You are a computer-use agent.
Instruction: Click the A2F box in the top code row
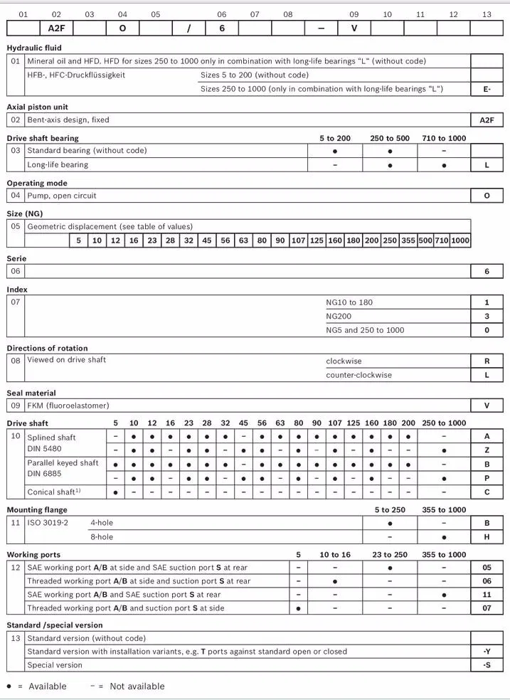56,28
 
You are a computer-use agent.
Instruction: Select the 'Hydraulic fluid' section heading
34,48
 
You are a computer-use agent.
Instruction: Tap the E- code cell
487,89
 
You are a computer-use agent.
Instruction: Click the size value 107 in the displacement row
298,240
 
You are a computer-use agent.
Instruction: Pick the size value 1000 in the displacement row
460,240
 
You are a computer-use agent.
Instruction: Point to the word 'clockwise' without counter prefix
344,361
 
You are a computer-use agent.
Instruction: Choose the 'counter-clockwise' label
358,375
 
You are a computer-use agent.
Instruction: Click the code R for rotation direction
487,361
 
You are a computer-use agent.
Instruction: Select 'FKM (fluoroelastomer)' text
68,405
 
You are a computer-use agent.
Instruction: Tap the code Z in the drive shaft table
487,450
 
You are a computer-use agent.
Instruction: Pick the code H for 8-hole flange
487,537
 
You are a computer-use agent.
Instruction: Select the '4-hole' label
102,523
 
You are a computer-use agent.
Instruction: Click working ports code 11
487,595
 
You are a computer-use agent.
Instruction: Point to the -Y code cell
487,652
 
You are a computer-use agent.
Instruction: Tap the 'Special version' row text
55,665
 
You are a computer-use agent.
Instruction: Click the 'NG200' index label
339,316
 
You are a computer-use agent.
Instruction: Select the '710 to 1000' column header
444,138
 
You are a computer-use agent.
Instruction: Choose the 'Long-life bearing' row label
58,164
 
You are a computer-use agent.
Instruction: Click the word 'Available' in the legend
48,686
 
